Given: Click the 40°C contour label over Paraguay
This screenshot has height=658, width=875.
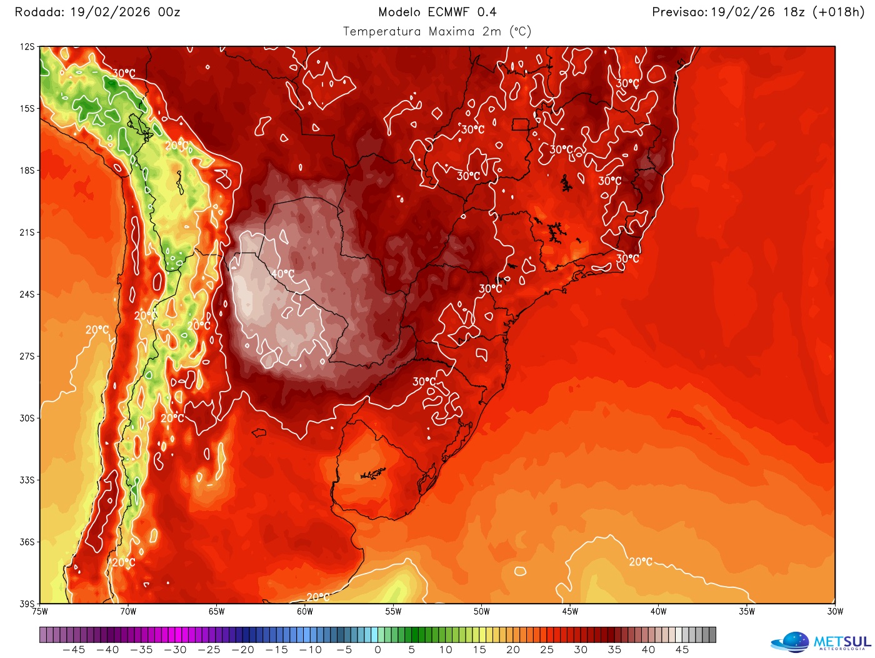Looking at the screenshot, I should click(x=282, y=274).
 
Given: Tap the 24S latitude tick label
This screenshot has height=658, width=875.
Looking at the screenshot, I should click(x=27, y=295).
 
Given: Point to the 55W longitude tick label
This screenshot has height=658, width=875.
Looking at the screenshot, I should click(x=393, y=612).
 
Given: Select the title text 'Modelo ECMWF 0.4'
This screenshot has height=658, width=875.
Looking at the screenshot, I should click(x=437, y=12).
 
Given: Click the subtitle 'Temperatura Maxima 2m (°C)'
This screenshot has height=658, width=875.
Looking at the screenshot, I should click(x=437, y=31).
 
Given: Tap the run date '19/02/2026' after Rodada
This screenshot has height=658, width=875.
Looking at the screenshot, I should click(x=110, y=12).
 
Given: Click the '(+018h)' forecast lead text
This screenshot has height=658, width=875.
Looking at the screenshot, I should click(x=838, y=12).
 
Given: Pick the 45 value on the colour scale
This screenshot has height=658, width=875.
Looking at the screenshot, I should click(x=682, y=650).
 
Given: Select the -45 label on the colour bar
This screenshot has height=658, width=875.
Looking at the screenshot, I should click(x=74, y=650).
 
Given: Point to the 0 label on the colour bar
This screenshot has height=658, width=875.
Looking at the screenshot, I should click(x=377, y=650).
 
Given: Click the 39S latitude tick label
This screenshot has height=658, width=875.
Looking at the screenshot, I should click(x=27, y=604).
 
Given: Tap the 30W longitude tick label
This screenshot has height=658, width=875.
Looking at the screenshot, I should click(x=835, y=612).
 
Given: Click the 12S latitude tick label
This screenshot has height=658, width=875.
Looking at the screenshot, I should click(x=27, y=47).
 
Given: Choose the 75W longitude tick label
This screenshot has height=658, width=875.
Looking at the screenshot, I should click(x=40, y=612).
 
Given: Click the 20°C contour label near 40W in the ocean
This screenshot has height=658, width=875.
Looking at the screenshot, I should click(x=641, y=562).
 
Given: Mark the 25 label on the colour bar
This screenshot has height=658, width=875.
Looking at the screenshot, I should click(x=546, y=650).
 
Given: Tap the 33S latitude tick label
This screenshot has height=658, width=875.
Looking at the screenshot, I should click(x=27, y=480).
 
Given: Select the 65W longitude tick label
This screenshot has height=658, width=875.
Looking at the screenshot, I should click(x=216, y=612).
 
